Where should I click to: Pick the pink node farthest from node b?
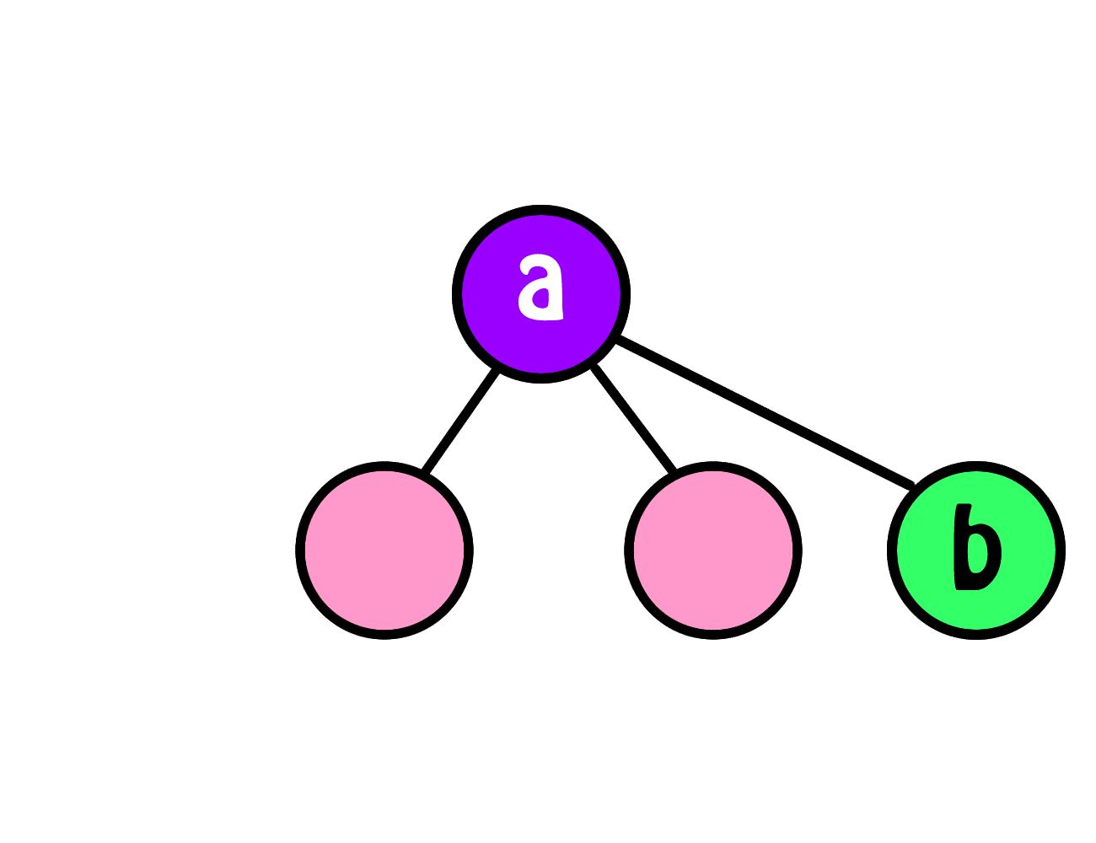[384, 550]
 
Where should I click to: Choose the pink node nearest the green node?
[713, 550]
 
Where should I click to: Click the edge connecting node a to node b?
[764, 411]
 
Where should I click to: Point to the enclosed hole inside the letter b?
[977, 553]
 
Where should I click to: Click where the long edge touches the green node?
[911, 485]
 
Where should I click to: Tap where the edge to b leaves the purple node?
[618, 339]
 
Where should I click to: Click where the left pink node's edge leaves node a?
[497, 370]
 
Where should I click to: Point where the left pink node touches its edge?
[425, 472]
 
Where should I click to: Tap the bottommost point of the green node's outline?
[976, 635]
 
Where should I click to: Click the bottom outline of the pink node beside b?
[713, 635]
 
